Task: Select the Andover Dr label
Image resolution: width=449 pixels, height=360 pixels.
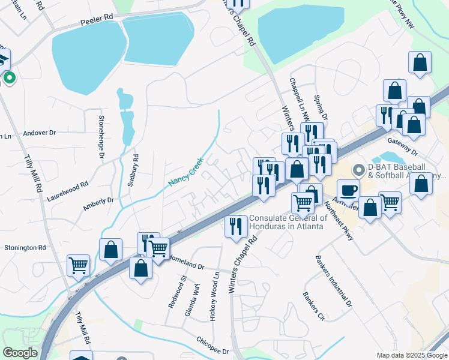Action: coord(39,132)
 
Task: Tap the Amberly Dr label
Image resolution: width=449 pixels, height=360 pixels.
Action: coord(98,204)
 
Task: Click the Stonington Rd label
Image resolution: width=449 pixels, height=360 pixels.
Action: coord(25,247)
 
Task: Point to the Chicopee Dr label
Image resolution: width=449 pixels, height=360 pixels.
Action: coord(212,346)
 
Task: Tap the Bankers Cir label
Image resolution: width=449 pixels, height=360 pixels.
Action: coord(313,306)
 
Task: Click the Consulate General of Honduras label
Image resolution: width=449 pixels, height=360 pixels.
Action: coord(288,223)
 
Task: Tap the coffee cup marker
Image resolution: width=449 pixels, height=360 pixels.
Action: coord(348,190)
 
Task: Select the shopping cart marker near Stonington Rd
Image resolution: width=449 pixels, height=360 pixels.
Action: coord(79,265)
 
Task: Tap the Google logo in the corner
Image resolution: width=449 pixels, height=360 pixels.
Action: coord(19,353)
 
